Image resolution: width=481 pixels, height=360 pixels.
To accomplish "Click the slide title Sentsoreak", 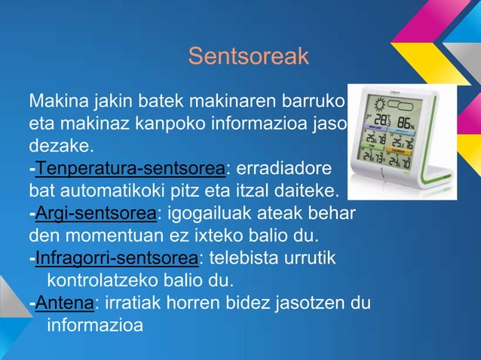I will click(x=249, y=56).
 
